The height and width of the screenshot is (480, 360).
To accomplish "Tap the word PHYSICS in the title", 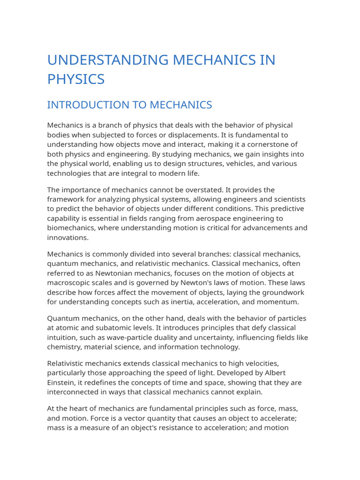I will pos(76,79).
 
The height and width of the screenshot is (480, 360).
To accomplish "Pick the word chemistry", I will pos(64,347).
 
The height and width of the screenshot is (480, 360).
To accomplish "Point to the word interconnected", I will pos(75,392).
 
